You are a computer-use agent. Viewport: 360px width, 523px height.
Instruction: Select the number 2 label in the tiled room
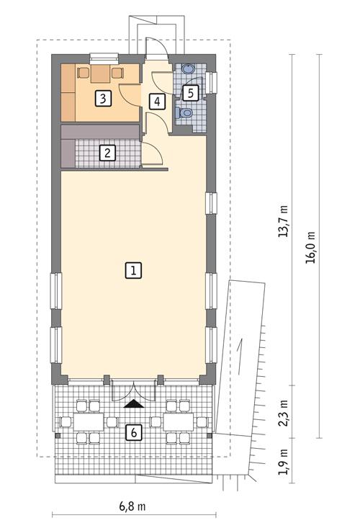[x=107, y=152]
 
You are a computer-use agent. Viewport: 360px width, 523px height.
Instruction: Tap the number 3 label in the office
[x=104, y=98]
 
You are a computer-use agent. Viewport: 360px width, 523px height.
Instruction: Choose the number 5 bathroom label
[x=190, y=92]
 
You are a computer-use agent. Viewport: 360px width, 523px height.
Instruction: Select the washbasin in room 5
[x=187, y=70]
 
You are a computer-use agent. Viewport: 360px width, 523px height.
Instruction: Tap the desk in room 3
[x=101, y=71]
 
